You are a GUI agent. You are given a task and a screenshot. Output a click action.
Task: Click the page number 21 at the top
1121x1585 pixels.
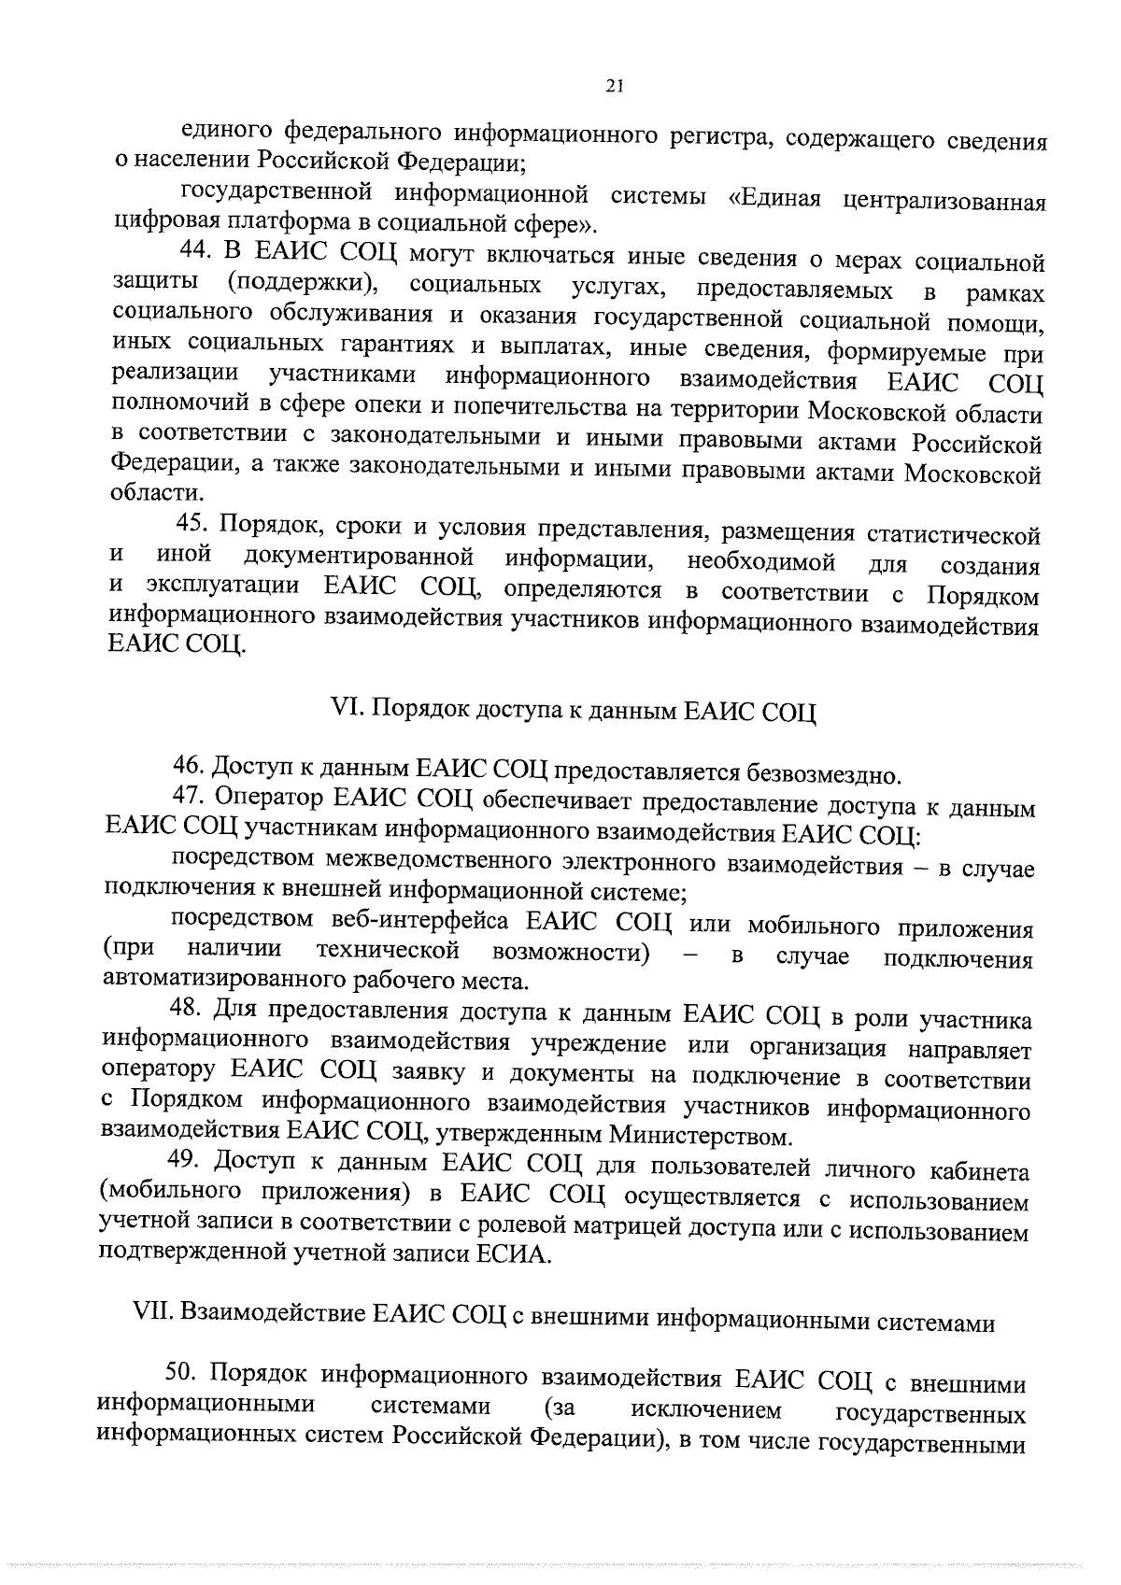[614, 86]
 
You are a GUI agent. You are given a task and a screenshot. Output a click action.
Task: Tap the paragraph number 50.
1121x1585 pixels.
[183, 1373]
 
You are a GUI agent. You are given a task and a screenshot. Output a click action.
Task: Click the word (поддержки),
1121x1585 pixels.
[305, 283]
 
